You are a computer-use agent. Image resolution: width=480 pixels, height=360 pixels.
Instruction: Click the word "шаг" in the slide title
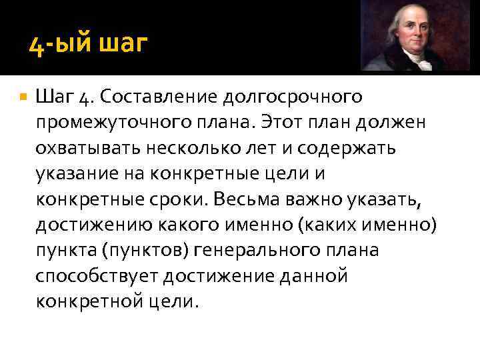pos(123,46)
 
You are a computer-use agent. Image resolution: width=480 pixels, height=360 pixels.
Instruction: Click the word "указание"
pos(75,173)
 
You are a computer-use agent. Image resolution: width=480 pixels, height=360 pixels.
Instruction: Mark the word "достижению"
pos(95,224)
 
